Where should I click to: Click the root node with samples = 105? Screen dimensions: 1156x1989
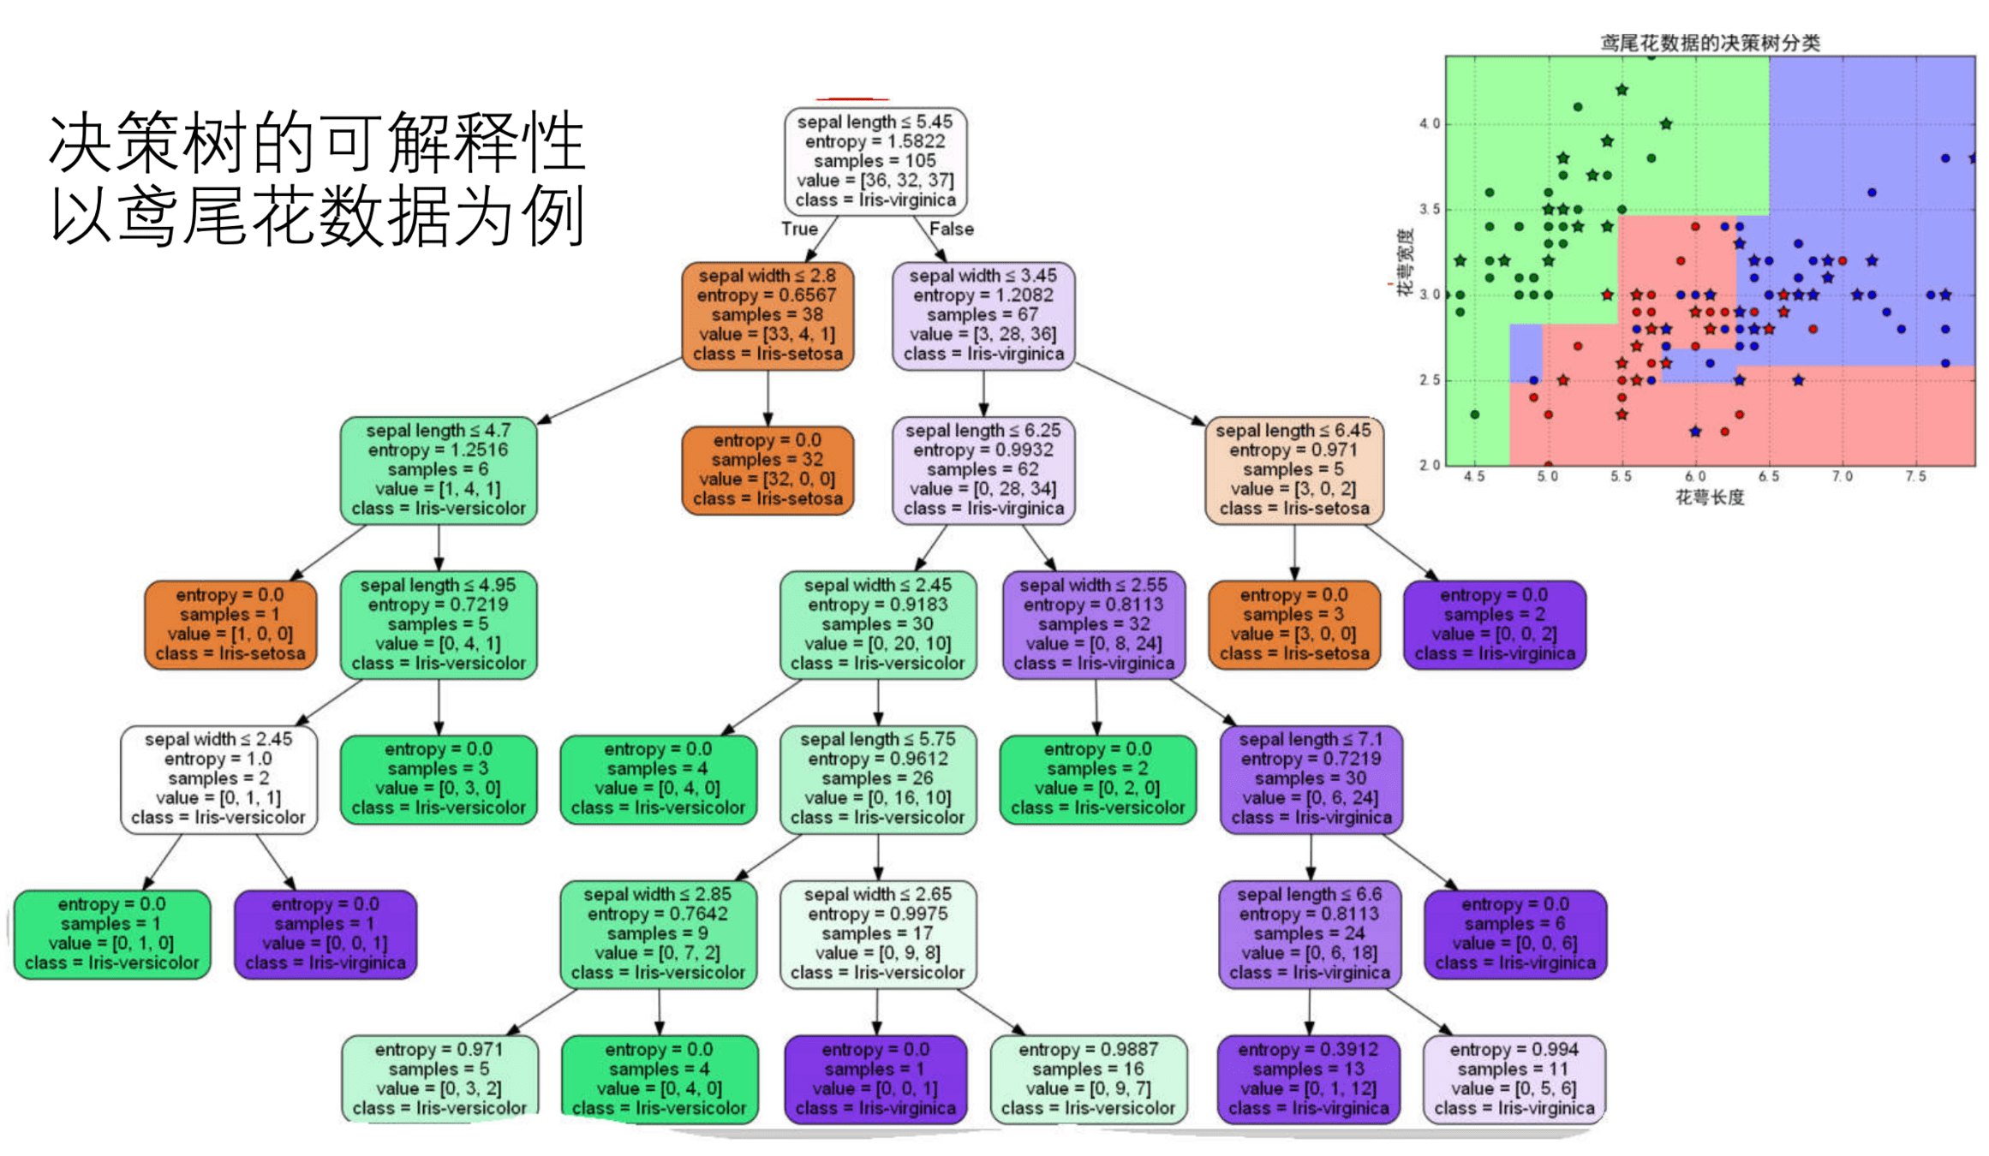pos(875,161)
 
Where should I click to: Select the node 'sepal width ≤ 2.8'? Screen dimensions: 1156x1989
pos(768,315)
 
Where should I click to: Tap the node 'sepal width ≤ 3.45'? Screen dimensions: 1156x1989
pos(983,315)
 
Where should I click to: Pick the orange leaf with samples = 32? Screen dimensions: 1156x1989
pos(768,469)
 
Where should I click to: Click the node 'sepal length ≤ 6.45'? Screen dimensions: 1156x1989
pos(1293,469)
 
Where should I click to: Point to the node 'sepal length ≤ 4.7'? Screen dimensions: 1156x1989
pos(439,469)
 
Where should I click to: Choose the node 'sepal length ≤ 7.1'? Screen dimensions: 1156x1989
pos(1310,778)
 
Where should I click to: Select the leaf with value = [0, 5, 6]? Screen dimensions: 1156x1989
pos(1514,1079)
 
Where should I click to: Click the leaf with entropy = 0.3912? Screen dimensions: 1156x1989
pos(1308,1079)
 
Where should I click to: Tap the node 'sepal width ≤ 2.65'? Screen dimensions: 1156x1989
pos(877,933)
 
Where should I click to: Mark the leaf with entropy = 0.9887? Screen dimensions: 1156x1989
pos(1088,1079)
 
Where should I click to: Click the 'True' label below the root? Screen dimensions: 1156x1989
pos(799,229)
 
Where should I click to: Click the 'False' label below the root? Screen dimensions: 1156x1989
pos(951,229)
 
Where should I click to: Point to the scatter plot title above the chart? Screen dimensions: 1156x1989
pos(1710,43)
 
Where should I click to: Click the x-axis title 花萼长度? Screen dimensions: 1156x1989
pos(1710,498)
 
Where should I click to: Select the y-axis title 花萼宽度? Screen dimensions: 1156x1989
pos(1405,262)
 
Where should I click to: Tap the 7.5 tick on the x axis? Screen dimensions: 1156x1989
pos(1915,477)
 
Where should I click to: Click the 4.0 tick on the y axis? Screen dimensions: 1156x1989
pos(1429,124)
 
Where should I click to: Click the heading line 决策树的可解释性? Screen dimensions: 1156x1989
pos(317,142)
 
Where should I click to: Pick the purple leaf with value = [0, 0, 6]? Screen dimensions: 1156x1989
pos(1514,933)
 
